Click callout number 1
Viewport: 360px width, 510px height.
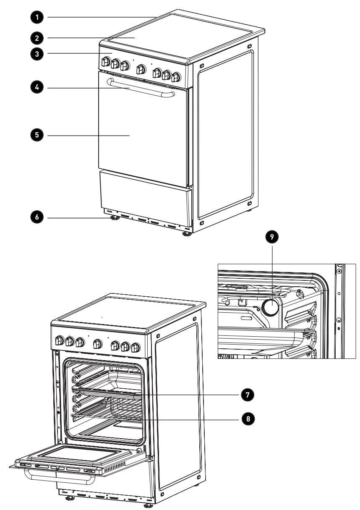pos(37,17)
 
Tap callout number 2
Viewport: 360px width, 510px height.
pos(37,38)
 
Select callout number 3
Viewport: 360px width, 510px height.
pos(37,54)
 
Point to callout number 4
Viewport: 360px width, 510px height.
pos(37,87)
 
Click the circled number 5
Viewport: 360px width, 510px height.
pos(37,135)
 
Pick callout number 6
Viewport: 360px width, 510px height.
pos(37,217)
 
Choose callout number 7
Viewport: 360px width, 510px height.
pos(248,395)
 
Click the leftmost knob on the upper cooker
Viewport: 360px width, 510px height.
pos(106,61)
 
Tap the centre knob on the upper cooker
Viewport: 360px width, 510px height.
pos(141,69)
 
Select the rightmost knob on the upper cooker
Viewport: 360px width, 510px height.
pos(176,77)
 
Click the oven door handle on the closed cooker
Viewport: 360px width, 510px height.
pos(141,88)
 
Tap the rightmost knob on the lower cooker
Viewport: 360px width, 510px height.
pos(136,347)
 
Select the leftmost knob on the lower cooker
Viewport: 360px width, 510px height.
pos(59,340)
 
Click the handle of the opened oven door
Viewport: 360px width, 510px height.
pos(60,476)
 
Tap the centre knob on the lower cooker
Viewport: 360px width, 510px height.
pos(98,343)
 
